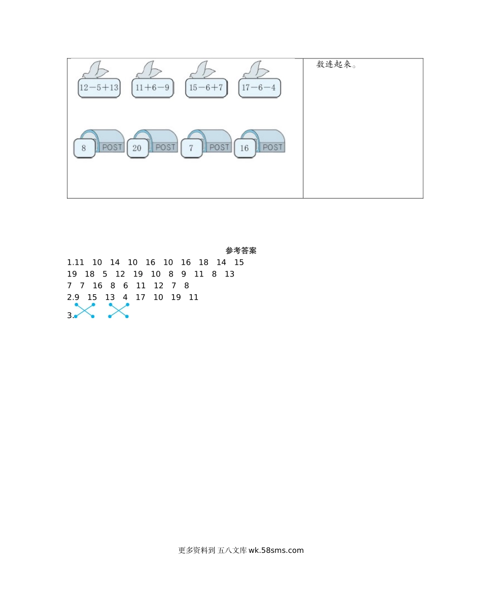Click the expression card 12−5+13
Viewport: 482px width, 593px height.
(x=99, y=88)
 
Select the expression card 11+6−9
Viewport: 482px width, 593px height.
(x=152, y=88)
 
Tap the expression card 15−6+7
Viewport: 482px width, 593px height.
(x=206, y=88)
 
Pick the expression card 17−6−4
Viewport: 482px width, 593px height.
(x=259, y=88)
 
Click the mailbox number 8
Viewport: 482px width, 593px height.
(x=84, y=148)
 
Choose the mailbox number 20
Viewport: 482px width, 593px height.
(x=137, y=148)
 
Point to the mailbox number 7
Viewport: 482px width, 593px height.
(x=191, y=148)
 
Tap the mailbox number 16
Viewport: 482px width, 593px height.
(x=245, y=148)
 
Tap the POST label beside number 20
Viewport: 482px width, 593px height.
(x=165, y=147)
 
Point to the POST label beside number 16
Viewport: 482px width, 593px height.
(x=272, y=147)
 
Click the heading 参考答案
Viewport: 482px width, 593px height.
(x=241, y=251)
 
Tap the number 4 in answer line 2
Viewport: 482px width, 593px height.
(x=125, y=297)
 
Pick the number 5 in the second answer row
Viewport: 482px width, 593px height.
(x=105, y=274)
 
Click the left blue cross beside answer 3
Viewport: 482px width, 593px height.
(x=85, y=310)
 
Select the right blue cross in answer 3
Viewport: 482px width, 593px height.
(x=118, y=310)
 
